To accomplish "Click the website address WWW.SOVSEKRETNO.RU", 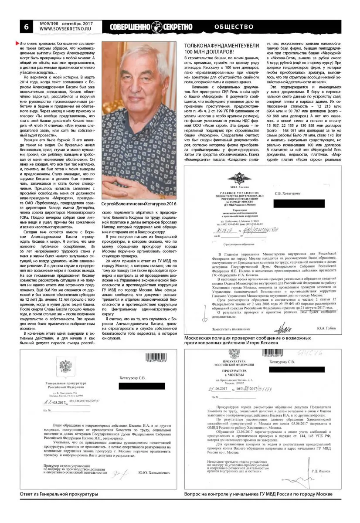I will click(63, 30).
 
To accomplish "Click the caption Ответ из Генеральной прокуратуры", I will click(59, 506).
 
